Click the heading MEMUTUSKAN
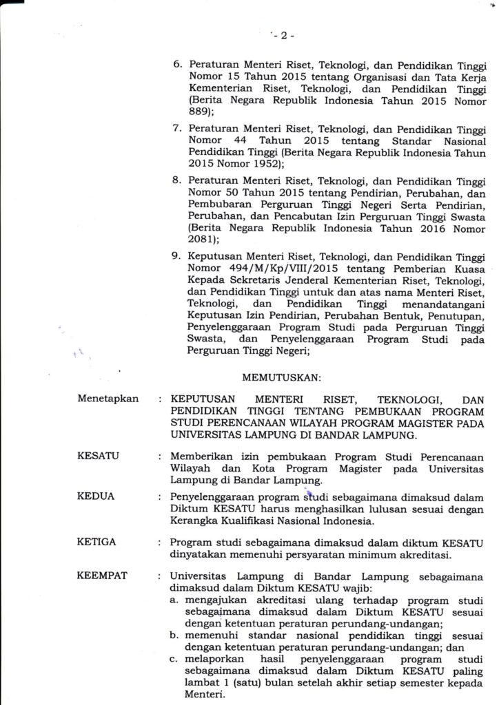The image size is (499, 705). coord(276,378)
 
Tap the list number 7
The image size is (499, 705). coord(177,129)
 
